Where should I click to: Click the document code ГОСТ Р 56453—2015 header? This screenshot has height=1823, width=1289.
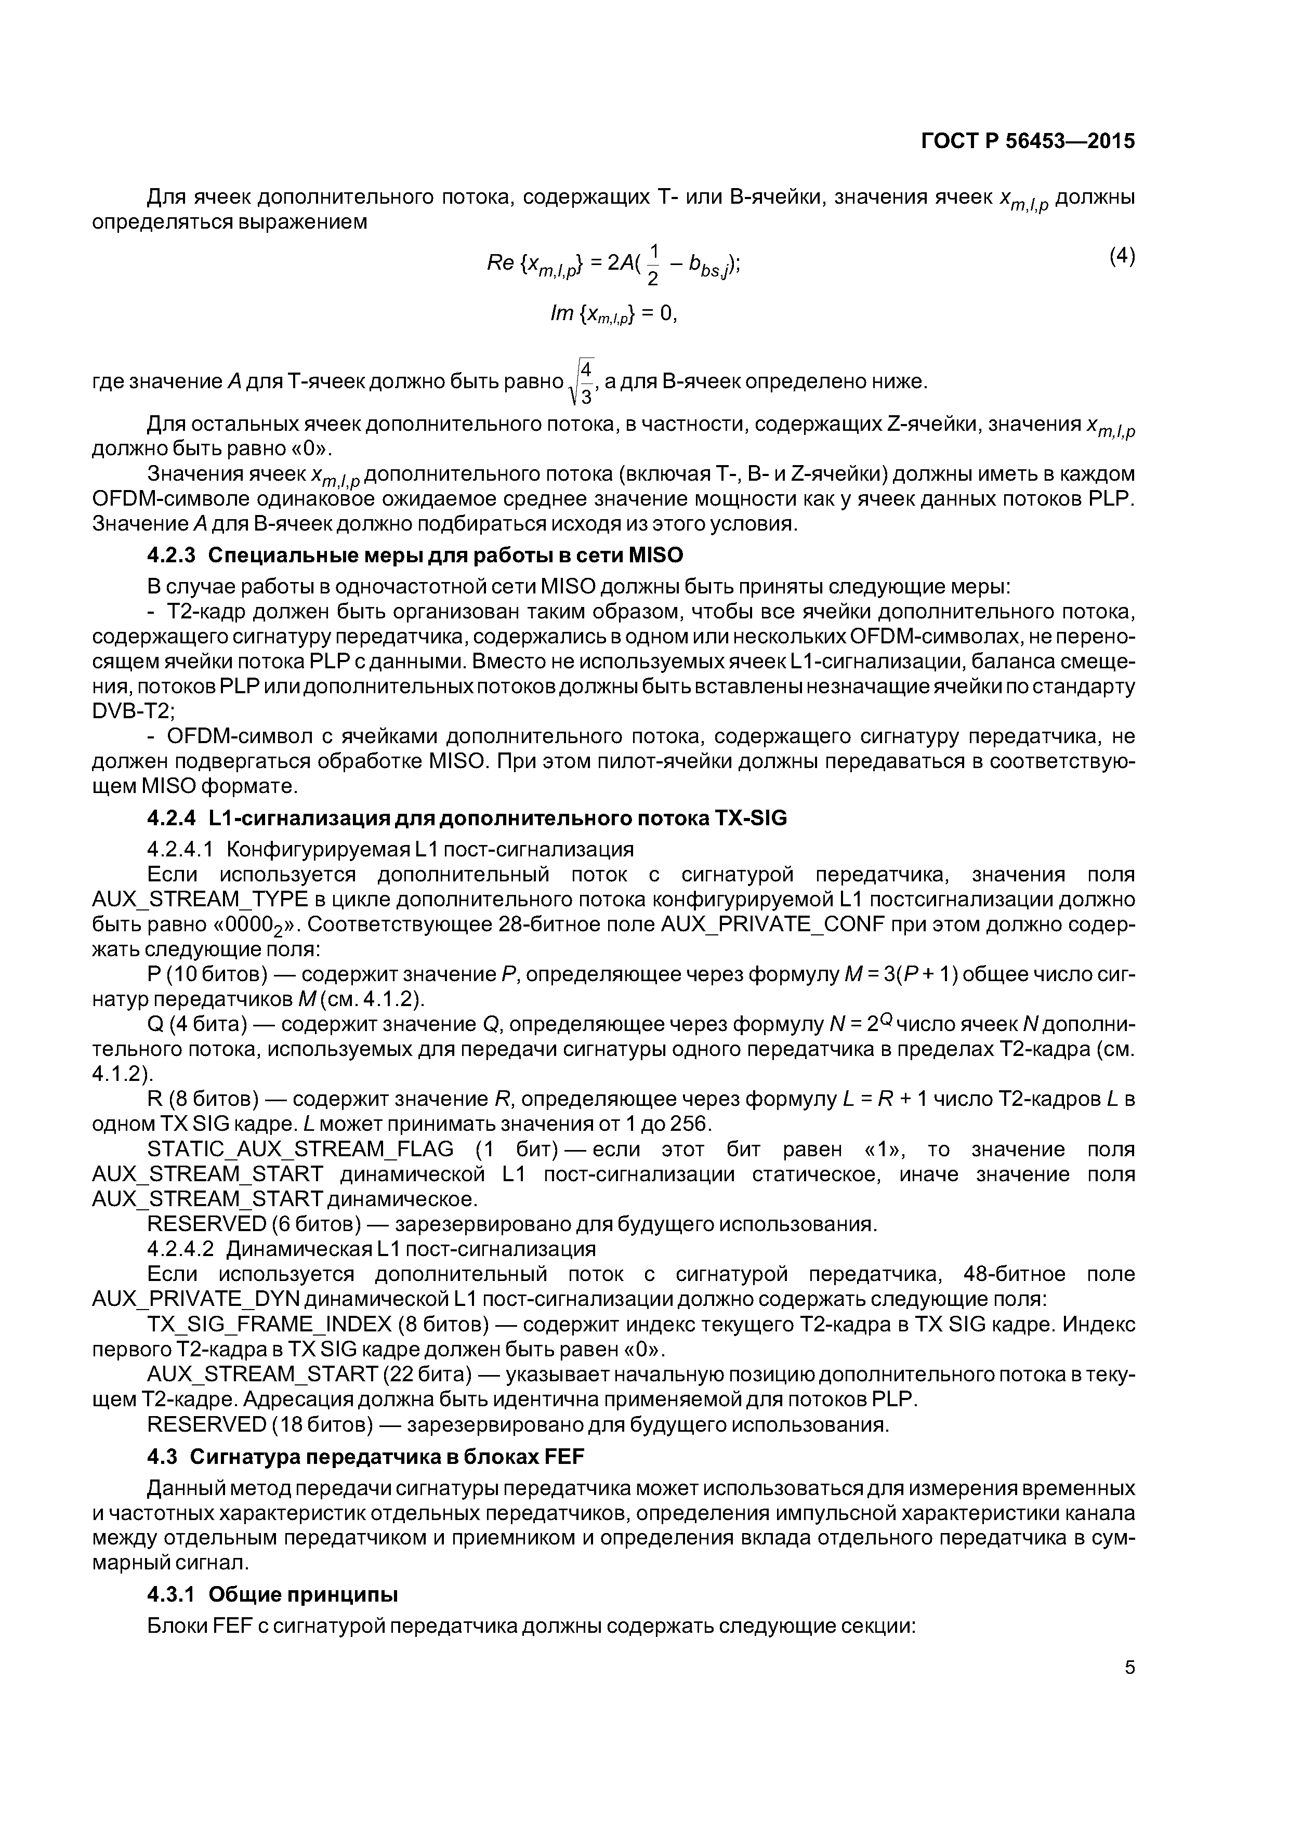point(1028,141)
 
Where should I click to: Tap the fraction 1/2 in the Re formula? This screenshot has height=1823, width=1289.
point(653,265)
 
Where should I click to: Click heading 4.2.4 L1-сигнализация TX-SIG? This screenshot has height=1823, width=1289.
point(466,818)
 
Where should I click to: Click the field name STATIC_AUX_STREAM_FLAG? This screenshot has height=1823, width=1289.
point(300,1149)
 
